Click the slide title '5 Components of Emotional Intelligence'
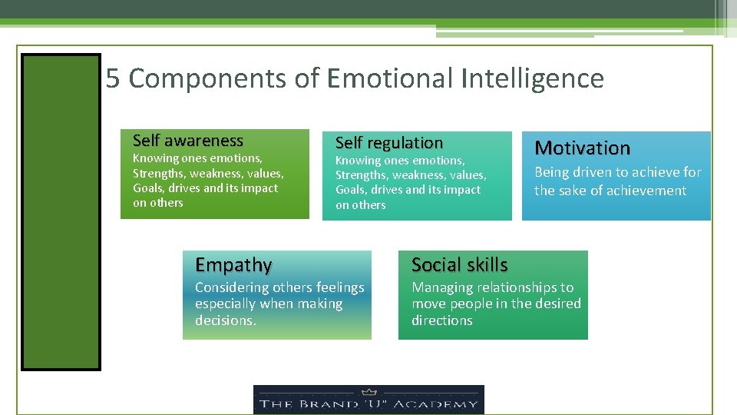(355, 78)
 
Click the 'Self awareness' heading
(187, 141)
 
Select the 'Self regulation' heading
(389, 143)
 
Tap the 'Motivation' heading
(582, 148)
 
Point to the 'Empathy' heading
(233, 265)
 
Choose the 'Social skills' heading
(459, 265)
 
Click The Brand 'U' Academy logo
(368, 400)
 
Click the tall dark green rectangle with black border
(61, 211)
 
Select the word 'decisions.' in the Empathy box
(225, 320)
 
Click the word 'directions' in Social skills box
(441, 320)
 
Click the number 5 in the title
(113, 78)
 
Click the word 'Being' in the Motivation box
(551, 172)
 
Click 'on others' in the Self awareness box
(157, 203)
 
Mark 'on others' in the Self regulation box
(360, 205)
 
